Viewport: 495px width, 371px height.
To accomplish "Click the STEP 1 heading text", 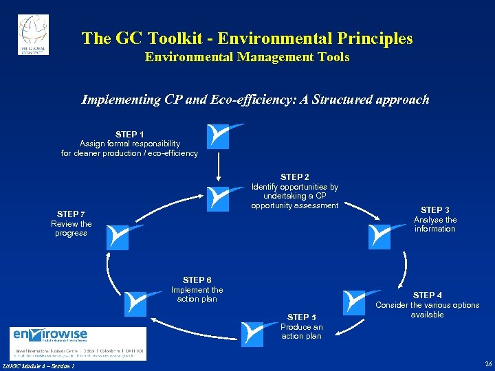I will (130, 134).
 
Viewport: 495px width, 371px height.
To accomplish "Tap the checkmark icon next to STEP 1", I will (219, 136).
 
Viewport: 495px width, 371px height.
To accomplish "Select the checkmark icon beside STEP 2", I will (219, 198).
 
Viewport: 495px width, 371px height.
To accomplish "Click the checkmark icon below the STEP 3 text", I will (380, 236).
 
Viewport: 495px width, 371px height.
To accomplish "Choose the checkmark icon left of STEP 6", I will (135, 302).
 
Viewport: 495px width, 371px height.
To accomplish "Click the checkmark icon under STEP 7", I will (118, 236).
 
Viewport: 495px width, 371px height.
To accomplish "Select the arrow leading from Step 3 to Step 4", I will (404, 268).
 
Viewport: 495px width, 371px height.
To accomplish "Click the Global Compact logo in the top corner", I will (33, 34).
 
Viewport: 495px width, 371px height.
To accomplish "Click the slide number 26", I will (487, 364).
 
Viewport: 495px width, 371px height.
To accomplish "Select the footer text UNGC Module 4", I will (37, 365).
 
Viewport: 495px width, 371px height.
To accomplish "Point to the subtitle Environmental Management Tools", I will (247, 57).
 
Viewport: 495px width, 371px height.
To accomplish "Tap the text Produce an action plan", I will (301, 332).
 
